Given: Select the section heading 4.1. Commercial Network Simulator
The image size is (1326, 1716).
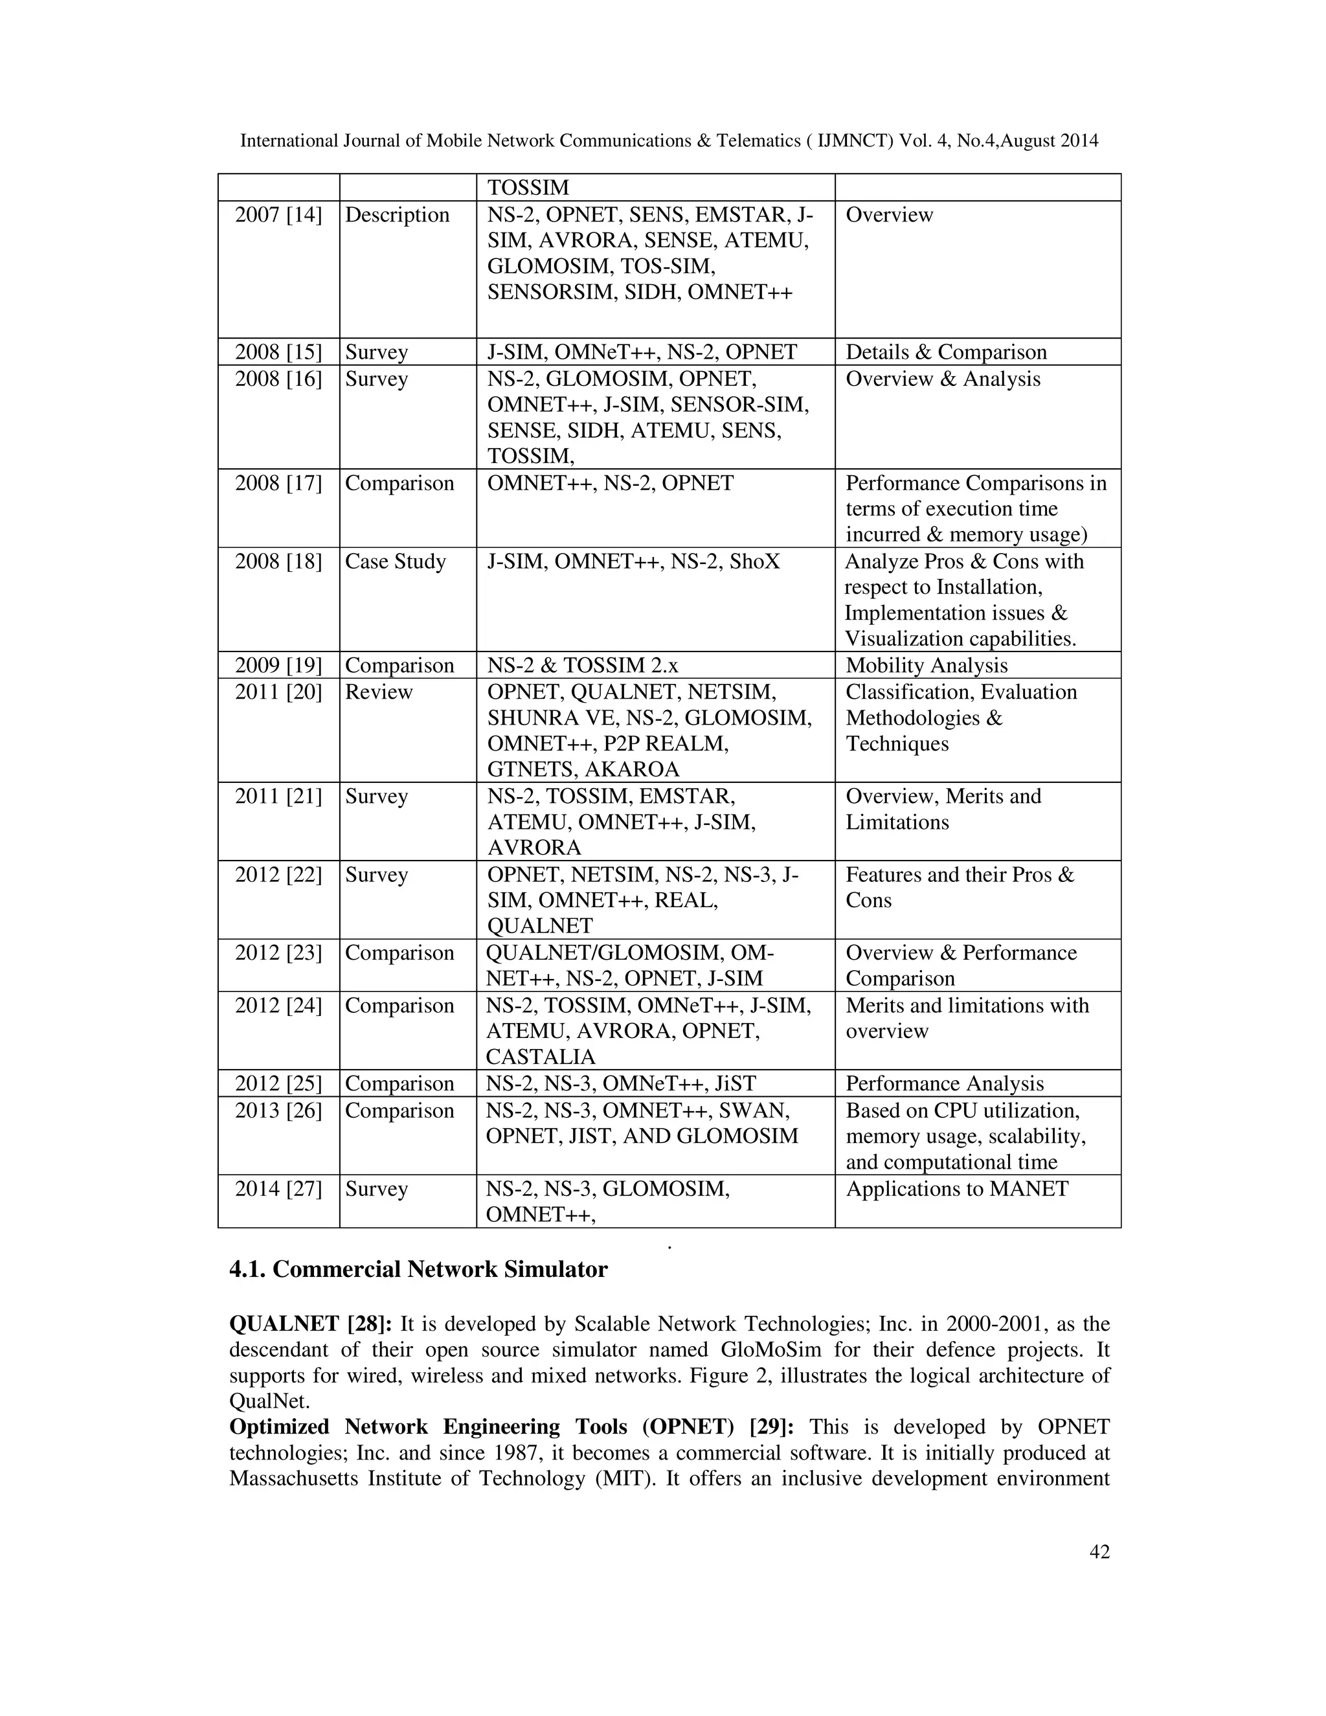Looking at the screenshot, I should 418,1270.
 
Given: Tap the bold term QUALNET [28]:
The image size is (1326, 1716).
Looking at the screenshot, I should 310,1324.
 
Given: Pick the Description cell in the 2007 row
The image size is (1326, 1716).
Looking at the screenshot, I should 397,214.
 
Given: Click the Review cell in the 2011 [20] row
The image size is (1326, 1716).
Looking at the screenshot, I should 379,692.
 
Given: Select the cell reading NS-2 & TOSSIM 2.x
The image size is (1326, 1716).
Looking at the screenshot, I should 582,666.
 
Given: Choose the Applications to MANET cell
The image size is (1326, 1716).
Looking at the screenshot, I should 957,1189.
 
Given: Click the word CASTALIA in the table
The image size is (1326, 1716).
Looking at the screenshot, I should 541,1057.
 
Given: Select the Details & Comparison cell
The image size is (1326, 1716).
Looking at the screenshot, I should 946,352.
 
